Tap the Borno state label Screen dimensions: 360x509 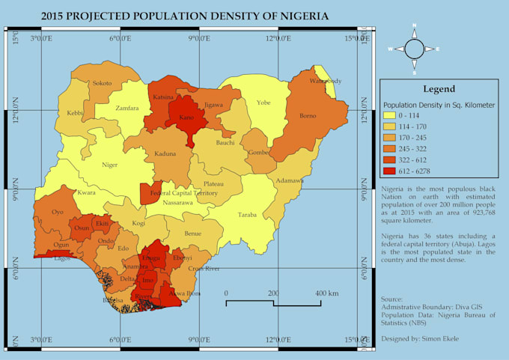click(x=308, y=115)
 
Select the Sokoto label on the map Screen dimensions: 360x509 click(x=103, y=83)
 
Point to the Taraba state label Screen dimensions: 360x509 click(x=247, y=215)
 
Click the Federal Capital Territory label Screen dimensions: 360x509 click(x=183, y=193)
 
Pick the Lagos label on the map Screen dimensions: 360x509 click(x=63, y=258)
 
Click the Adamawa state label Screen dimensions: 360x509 click(x=290, y=180)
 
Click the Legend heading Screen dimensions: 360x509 click(x=439, y=88)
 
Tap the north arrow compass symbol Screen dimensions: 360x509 click(x=413, y=49)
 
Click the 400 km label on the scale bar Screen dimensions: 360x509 click(x=327, y=292)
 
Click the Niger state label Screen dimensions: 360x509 click(x=110, y=165)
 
